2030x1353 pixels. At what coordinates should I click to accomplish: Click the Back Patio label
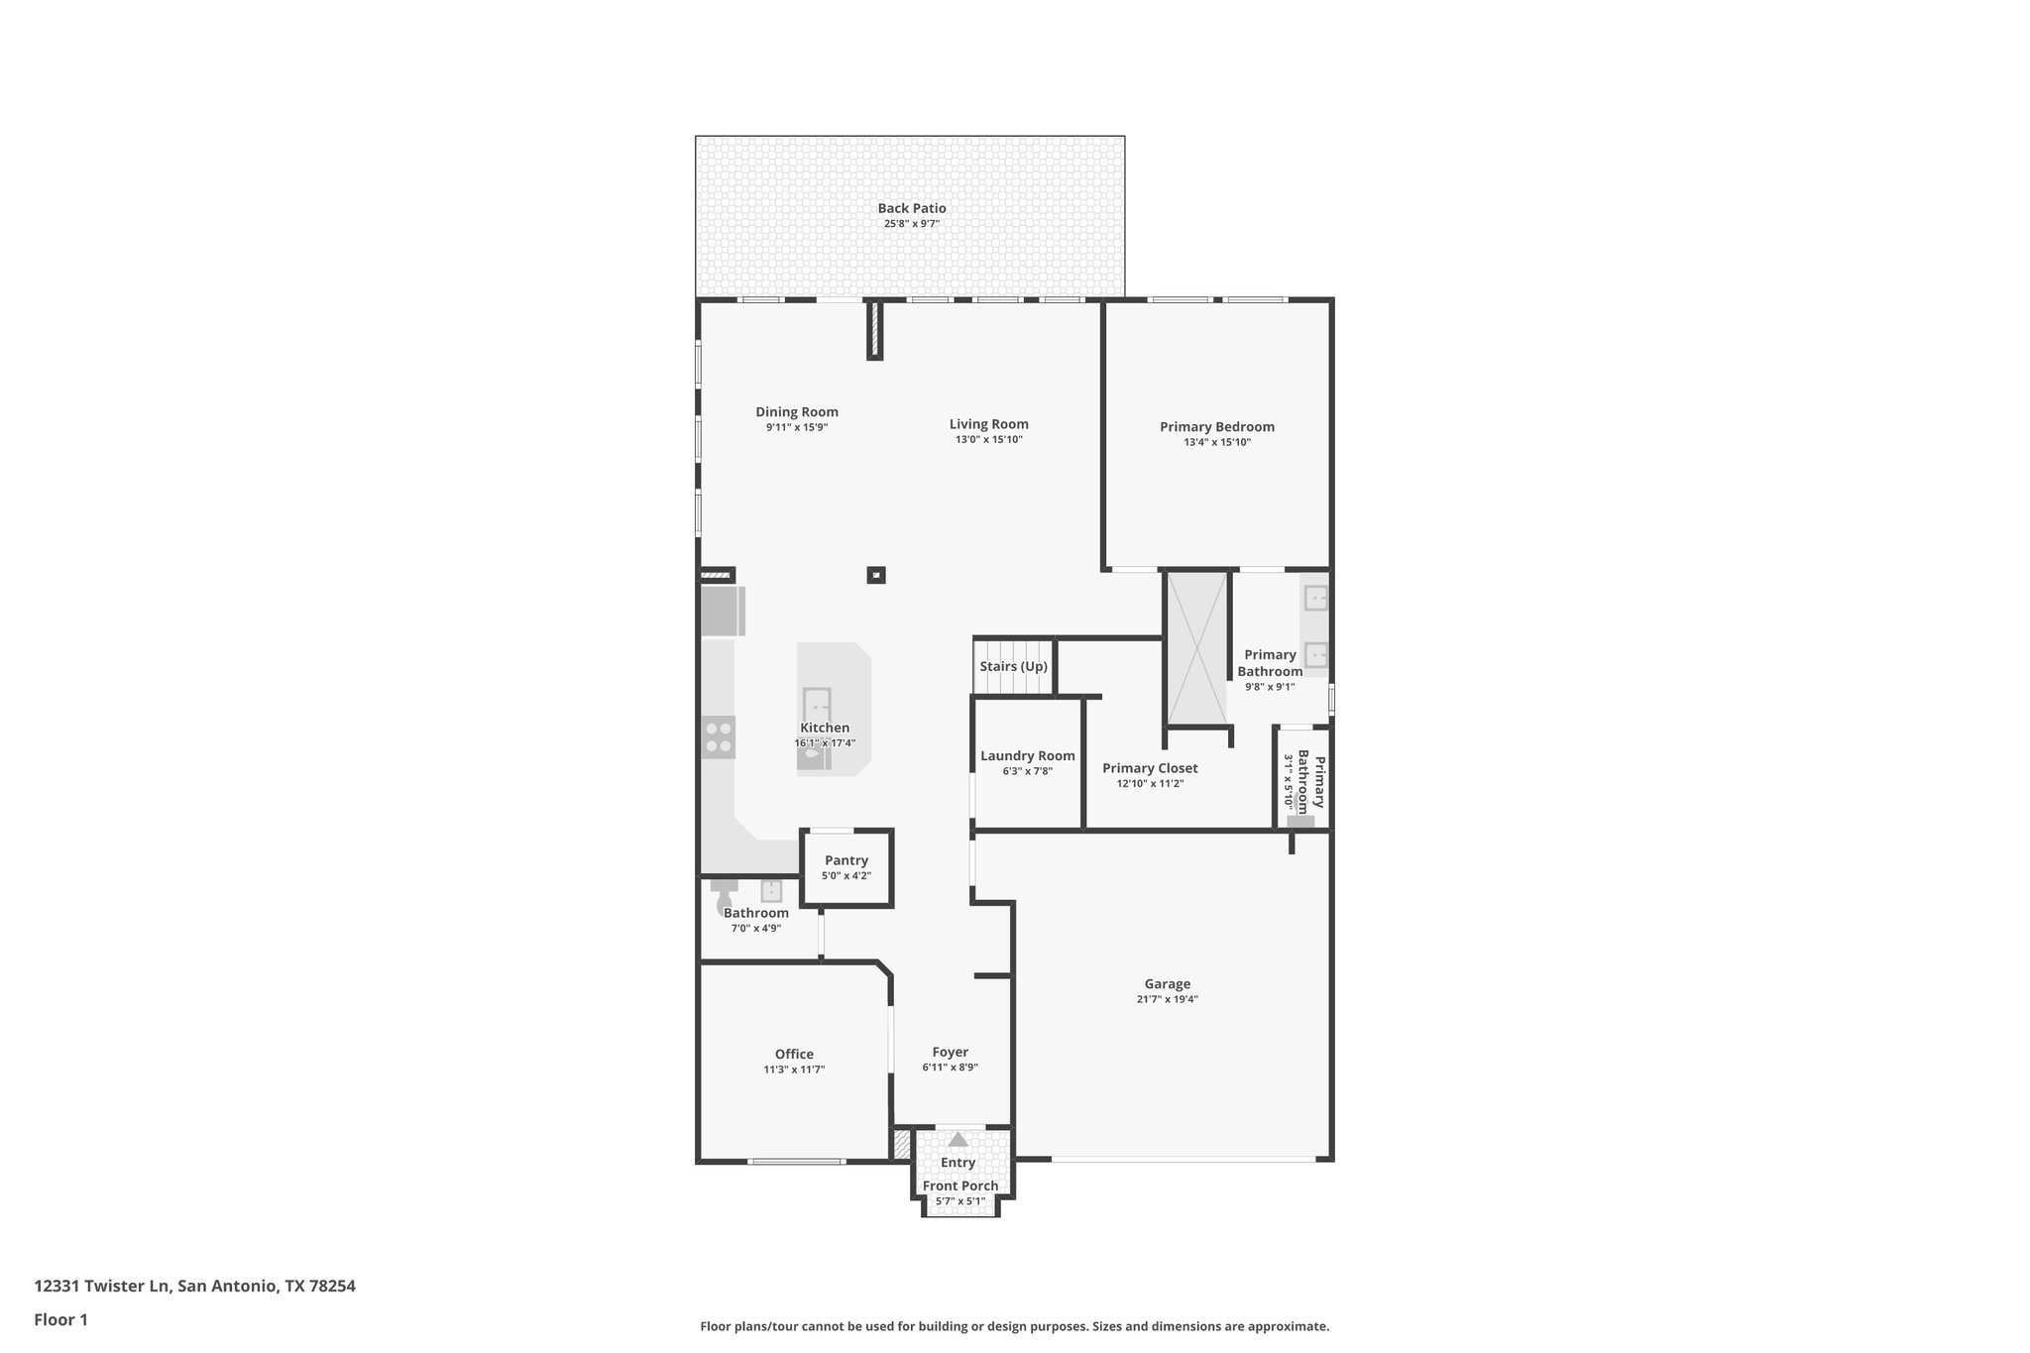coord(911,208)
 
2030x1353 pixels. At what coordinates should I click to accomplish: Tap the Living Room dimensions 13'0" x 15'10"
coord(988,439)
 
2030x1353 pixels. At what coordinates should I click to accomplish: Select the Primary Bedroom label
coord(1216,427)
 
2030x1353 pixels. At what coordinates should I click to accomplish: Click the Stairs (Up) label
coord(1013,666)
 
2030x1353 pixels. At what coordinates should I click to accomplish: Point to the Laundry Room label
coord(1027,755)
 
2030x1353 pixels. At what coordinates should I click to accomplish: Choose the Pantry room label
coord(846,860)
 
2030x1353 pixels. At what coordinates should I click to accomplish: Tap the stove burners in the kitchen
coord(719,737)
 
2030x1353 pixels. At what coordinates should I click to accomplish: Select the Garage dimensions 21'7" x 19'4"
coord(1167,999)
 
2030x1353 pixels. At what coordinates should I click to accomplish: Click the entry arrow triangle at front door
coord(958,1140)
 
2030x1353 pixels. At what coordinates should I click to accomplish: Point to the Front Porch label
coord(959,1185)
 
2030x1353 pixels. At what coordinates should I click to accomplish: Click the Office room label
coord(794,1054)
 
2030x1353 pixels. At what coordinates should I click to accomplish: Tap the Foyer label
coord(950,1052)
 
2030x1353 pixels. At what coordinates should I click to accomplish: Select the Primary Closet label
coord(1150,768)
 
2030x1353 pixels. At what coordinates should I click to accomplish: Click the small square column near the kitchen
coord(875,575)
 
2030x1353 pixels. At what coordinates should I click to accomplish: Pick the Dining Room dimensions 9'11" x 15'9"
coord(796,427)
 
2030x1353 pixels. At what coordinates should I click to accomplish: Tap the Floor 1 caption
coord(60,1319)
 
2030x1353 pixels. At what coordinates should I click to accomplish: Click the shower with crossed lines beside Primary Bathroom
coord(1196,648)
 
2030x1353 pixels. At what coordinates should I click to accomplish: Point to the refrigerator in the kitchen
coord(722,611)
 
